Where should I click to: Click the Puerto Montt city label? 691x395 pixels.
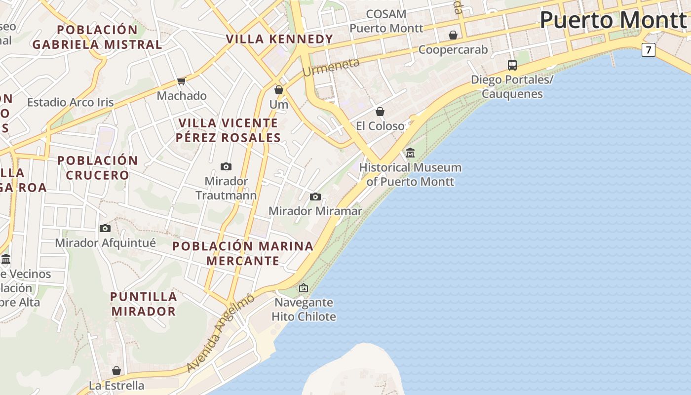(613, 20)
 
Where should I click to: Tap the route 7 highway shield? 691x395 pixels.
(648, 50)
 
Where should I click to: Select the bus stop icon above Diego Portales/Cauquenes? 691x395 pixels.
(512, 65)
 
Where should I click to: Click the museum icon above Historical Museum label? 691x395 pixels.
(410, 153)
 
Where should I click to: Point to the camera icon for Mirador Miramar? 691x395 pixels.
(315, 197)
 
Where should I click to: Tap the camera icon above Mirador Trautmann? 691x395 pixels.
(226, 166)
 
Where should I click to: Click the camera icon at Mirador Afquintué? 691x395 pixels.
(105, 228)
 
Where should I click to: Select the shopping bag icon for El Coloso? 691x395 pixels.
(380, 112)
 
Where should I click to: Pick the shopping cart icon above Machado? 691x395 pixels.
(181, 81)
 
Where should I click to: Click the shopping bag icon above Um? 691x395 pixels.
(279, 90)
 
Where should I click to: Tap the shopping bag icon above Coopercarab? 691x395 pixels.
(453, 35)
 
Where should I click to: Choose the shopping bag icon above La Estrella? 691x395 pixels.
(116, 370)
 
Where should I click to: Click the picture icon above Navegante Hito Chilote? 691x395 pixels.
(304, 287)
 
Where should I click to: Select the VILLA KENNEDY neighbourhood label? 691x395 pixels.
(280, 39)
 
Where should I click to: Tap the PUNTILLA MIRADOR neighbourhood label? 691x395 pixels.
(144, 304)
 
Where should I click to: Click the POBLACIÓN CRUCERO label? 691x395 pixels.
(98, 167)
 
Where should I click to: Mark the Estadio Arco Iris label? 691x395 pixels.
(71, 103)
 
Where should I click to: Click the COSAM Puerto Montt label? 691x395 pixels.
(386, 21)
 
